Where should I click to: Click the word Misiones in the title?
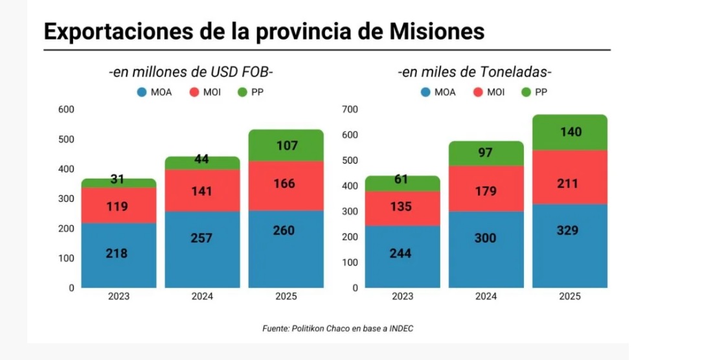(433, 30)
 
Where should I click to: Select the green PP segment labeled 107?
(286, 146)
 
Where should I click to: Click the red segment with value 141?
(202, 190)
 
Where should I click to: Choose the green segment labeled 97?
(486, 153)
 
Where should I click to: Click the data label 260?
(286, 230)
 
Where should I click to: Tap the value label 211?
(570, 183)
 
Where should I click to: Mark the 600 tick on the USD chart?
(66, 109)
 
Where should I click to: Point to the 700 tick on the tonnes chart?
(350, 109)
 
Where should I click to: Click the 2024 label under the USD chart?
(202, 297)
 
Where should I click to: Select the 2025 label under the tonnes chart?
(570, 297)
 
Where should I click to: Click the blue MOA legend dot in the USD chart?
(141, 92)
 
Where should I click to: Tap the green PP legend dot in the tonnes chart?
(526, 92)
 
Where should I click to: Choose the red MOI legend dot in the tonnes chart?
(478, 92)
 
